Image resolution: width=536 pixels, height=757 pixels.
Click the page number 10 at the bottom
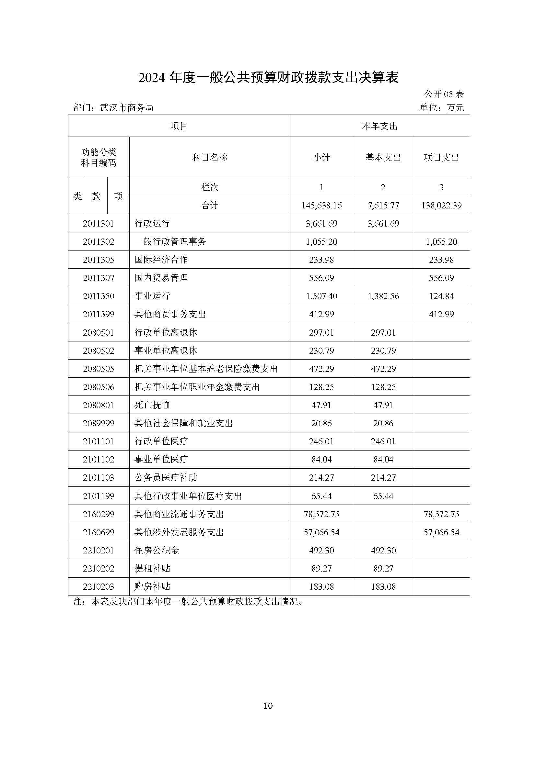tap(268, 706)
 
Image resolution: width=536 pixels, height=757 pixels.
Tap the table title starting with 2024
tap(268, 77)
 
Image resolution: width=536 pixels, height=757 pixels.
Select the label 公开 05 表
tap(444, 94)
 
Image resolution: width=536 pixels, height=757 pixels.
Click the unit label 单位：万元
tap(442, 108)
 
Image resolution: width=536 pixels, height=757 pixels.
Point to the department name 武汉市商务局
tap(127, 108)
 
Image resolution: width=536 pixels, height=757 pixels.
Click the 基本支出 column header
tap(383, 158)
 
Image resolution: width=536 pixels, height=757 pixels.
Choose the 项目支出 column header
tap(441, 158)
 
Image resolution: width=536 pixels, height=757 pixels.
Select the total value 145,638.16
tap(321, 206)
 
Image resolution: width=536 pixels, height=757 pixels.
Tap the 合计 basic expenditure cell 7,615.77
tap(383, 206)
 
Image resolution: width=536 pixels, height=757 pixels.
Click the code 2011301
tap(99, 224)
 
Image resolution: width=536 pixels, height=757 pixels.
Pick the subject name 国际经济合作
tap(161, 260)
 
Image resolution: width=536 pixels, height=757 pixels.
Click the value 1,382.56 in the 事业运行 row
tap(383, 296)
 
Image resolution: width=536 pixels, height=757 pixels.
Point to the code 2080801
tap(99, 405)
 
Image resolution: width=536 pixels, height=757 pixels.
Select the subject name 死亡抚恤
tap(152, 405)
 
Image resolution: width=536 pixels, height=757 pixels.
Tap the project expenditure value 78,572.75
tap(441, 514)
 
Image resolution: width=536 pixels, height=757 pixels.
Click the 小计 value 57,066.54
tap(321, 532)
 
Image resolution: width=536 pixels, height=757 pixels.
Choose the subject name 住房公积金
tap(157, 550)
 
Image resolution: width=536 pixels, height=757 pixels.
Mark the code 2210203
tap(99, 586)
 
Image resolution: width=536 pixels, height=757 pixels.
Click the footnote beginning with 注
tap(188, 602)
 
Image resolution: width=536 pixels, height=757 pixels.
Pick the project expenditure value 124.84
tap(441, 296)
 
